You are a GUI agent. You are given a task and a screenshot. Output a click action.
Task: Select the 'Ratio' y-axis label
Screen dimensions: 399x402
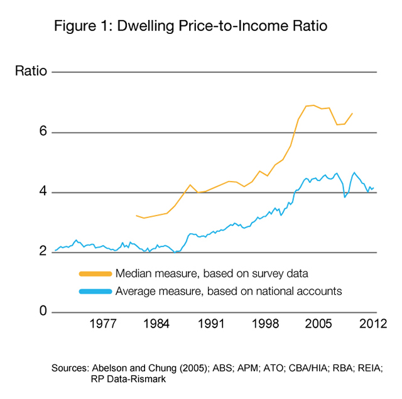click(x=31, y=71)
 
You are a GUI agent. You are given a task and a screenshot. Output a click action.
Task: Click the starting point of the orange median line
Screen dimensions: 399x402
click(x=136, y=216)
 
